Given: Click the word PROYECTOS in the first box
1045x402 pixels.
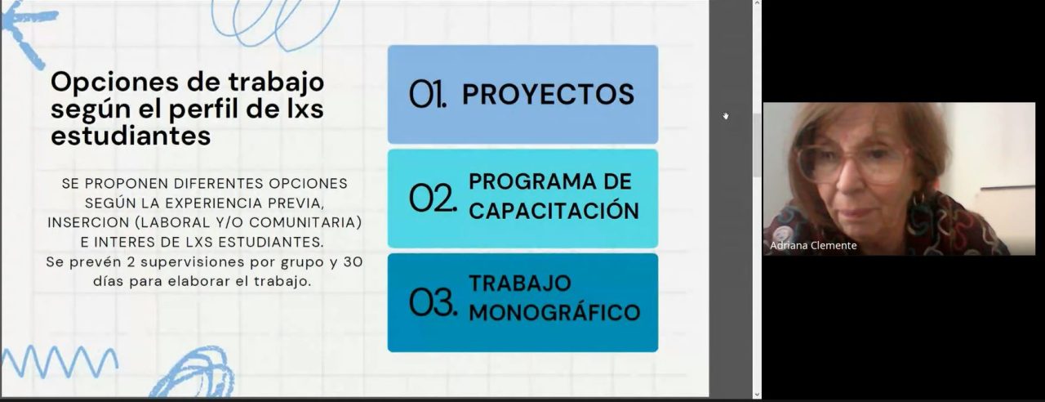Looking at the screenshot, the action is coord(548,94).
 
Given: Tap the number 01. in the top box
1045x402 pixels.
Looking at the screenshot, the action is coord(428,94).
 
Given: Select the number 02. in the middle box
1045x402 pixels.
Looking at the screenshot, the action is coord(433,198).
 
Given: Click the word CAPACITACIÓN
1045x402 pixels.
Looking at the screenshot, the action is coord(554,211).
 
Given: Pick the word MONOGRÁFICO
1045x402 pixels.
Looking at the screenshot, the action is coord(554,312).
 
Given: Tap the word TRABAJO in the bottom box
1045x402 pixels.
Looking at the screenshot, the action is coord(520,284).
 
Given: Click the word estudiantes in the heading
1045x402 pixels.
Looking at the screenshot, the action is coord(131,136).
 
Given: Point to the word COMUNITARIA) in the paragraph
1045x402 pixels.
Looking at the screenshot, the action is coord(305,222).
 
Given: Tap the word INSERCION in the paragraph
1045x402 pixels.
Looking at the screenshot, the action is coord(88,222).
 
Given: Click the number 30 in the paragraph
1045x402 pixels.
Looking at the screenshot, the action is coord(354,262).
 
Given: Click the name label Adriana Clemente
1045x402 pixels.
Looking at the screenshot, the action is coord(813,245).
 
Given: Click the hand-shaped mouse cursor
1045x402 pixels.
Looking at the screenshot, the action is coord(726,116).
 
